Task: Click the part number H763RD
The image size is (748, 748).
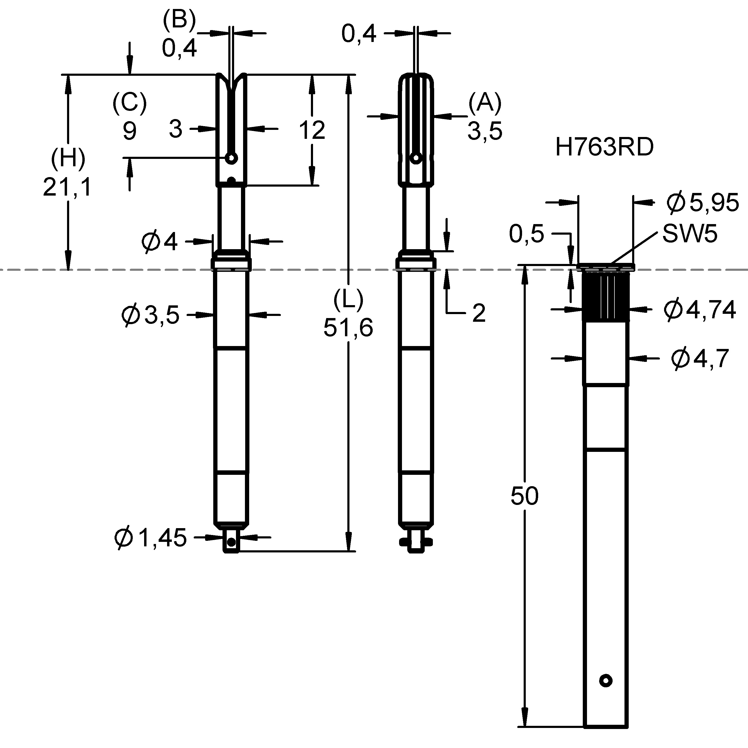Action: [x=604, y=148]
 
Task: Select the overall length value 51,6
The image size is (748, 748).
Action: [x=348, y=328]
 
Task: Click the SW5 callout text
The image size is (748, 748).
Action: [x=690, y=234]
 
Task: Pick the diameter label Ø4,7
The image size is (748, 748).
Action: [x=700, y=358]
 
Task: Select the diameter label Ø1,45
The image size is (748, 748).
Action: [x=151, y=538]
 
